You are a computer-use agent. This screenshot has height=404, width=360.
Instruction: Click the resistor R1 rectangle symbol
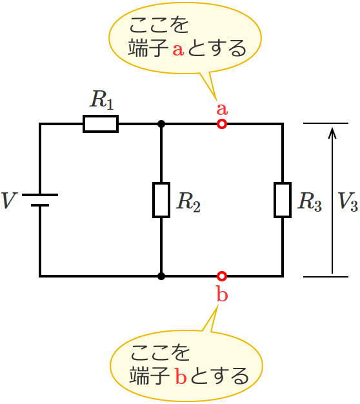101,124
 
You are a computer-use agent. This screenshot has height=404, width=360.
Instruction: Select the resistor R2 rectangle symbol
161,200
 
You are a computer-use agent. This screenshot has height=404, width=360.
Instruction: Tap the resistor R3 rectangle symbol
283,200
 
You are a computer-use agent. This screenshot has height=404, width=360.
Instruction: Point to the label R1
102,100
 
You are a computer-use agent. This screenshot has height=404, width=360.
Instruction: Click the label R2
188,202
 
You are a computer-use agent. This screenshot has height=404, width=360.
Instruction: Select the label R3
309,202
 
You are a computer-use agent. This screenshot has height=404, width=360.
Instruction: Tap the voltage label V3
348,202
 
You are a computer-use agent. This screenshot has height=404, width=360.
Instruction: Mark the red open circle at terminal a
222,124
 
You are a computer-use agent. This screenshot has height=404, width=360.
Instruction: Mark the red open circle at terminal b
222,276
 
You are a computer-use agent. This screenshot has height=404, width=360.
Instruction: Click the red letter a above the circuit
222,108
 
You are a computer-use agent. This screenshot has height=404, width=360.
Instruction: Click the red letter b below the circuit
222,295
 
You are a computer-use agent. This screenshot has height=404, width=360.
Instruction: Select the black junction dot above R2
161,124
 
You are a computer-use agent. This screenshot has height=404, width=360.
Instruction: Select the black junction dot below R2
161,276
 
